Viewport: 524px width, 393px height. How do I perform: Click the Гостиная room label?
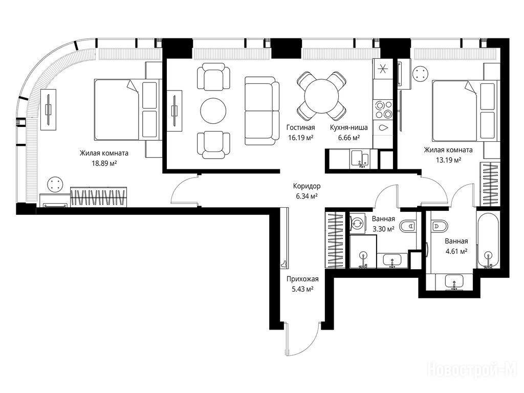300,127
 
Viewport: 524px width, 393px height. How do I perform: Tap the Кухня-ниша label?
348,127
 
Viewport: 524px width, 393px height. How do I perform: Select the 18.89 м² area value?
104,163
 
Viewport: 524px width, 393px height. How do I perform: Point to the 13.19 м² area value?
448,160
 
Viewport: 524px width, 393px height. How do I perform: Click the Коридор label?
307,186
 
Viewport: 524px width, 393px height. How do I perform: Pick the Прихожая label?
302,279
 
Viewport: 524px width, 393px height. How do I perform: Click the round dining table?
321,96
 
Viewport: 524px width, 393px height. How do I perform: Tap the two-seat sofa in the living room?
262,111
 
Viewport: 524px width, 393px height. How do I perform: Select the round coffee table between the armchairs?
213,111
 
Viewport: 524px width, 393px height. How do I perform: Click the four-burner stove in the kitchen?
383,110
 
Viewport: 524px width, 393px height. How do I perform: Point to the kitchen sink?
360,159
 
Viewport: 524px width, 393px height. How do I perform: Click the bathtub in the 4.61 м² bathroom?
488,241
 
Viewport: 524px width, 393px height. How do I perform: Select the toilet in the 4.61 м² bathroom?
439,226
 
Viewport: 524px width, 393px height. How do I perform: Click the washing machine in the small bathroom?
358,223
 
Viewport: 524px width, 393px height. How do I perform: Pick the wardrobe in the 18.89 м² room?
99,197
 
